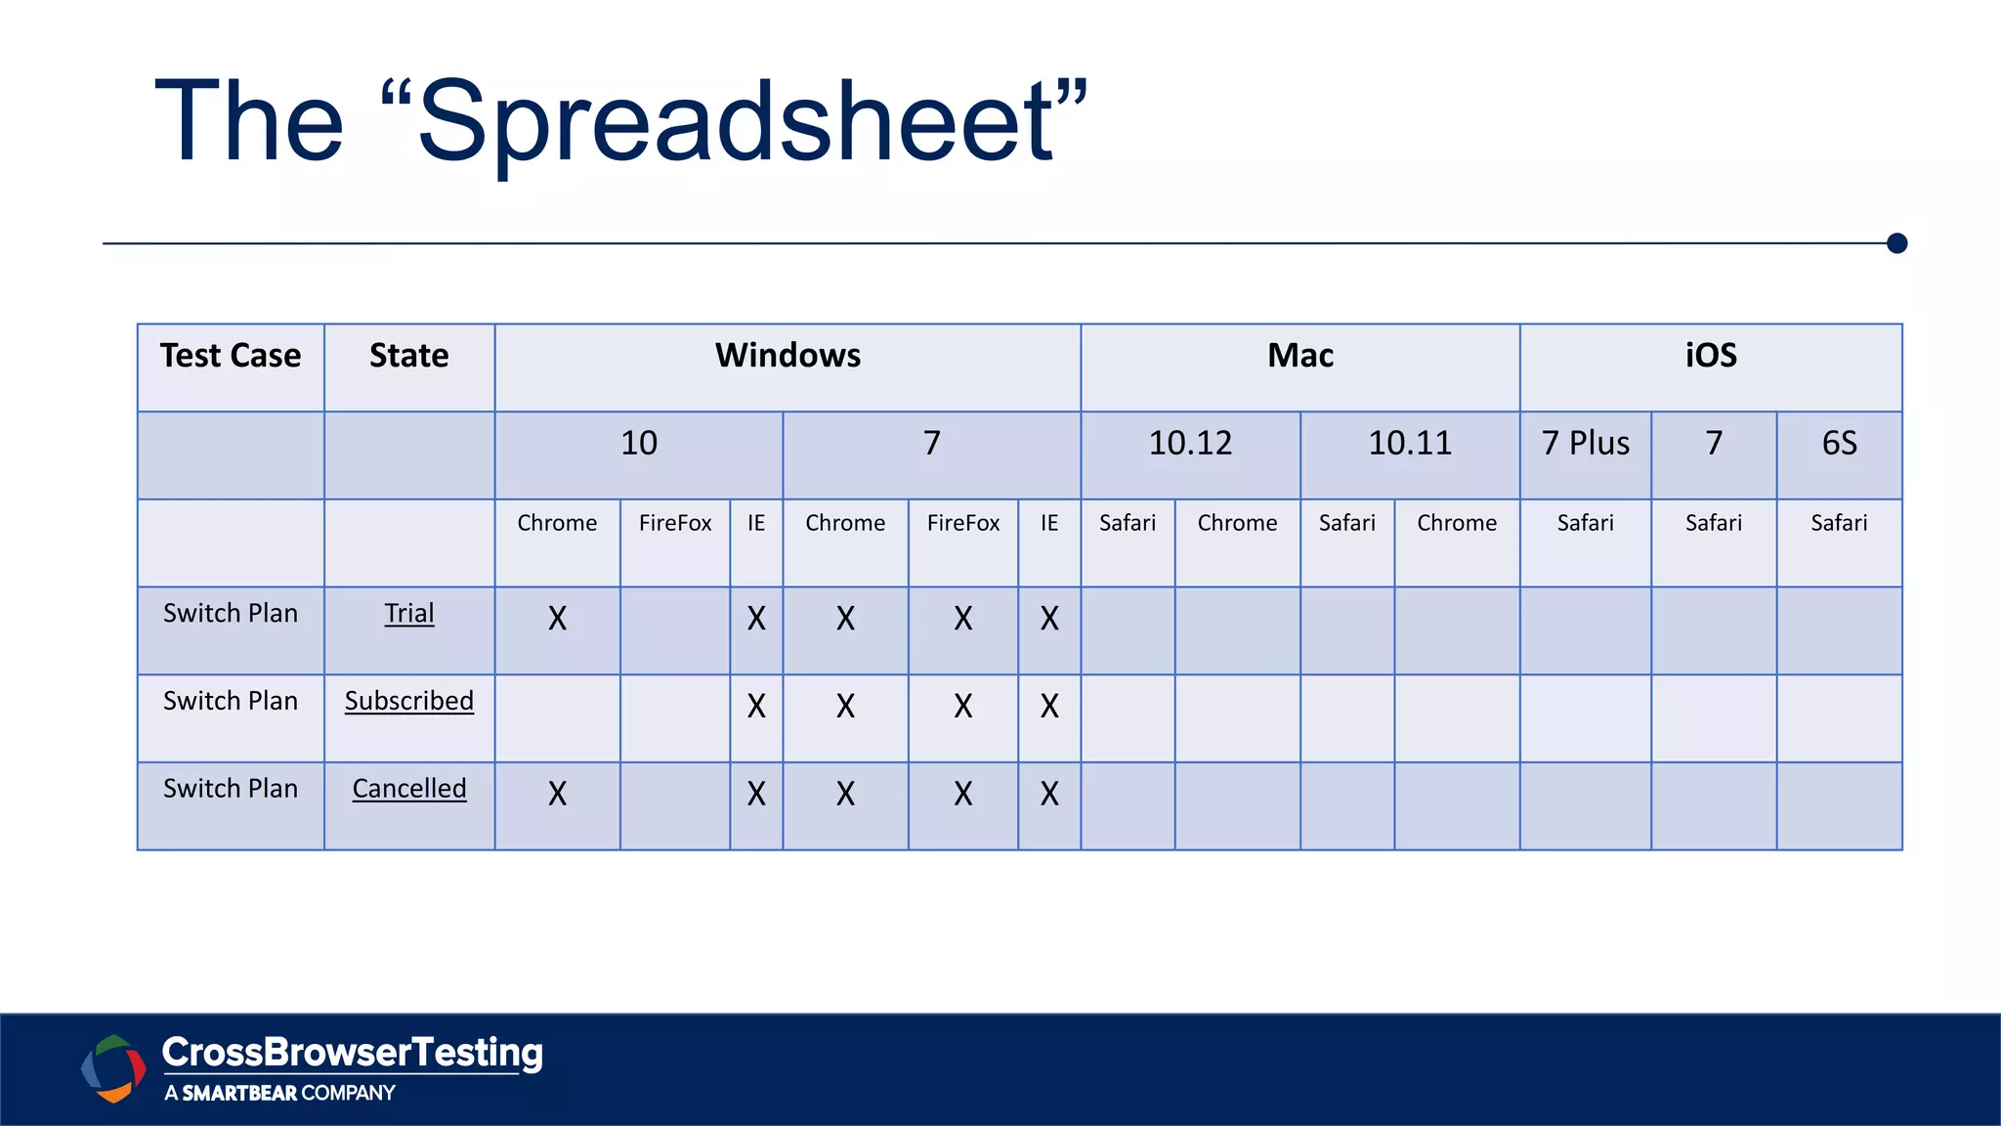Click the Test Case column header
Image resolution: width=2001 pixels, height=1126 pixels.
(x=231, y=356)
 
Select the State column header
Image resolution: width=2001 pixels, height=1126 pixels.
(x=408, y=356)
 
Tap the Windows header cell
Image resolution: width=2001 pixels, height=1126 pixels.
(x=788, y=356)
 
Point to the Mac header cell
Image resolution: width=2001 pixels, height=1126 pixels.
(x=1300, y=356)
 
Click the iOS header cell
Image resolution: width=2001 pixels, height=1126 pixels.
(x=1711, y=356)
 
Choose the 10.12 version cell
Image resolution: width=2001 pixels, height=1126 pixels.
(x=1190, y=444)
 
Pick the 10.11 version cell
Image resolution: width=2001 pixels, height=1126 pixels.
(x=1410, y=444)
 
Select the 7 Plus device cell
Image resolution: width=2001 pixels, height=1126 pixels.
(x=1586, y=444)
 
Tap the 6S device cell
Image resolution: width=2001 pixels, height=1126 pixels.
(x=1839, y=444)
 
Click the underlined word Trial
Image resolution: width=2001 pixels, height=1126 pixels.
(x=408, y=614)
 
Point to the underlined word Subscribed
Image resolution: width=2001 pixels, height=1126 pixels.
(x=408, y=702)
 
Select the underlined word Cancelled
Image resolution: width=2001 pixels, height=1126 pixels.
(x=408, y=789)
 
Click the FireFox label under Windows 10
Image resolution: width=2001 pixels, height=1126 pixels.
(x=675, y=524)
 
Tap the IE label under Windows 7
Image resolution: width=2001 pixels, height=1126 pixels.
(x=1049, y=524)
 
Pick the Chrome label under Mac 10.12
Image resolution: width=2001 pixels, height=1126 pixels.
(x=1237, y=524)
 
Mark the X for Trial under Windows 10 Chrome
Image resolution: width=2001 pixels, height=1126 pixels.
(x=557, y=619)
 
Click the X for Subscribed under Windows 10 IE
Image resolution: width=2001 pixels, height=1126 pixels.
(x=756, y=707)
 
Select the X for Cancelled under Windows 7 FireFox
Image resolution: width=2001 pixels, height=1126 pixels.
(x=963, y=794)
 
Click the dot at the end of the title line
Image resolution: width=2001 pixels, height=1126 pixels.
(x=1897, y=243)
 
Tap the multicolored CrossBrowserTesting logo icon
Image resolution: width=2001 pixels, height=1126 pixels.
(x=113, y=1068)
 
